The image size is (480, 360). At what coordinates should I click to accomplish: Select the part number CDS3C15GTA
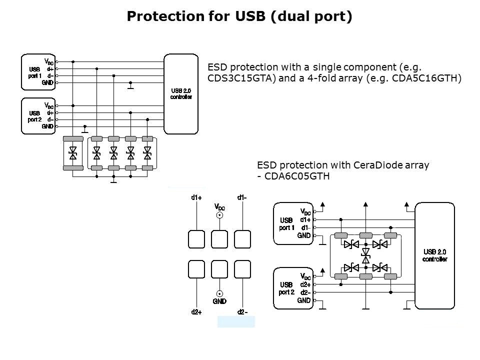point(241,78)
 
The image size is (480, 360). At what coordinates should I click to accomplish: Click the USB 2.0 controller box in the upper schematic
point(180,94)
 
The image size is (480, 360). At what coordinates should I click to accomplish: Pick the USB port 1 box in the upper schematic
point(37,72)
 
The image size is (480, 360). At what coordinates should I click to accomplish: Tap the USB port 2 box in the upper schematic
point(37,116)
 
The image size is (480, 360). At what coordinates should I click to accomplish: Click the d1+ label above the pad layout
point(196,197)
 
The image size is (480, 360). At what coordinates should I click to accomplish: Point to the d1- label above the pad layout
point(242,197)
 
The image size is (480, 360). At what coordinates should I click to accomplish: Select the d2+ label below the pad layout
point(196,312)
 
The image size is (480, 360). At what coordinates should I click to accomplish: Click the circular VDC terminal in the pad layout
point(219,215)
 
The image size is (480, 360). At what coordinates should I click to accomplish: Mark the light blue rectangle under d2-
point(236,321)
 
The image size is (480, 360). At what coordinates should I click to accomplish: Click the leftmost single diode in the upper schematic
point(73,152)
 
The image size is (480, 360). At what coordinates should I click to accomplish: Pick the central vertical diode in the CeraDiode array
point(365,255)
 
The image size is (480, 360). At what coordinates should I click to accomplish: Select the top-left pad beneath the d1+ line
point(196,239)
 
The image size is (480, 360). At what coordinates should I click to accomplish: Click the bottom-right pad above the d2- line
point(242,269)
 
